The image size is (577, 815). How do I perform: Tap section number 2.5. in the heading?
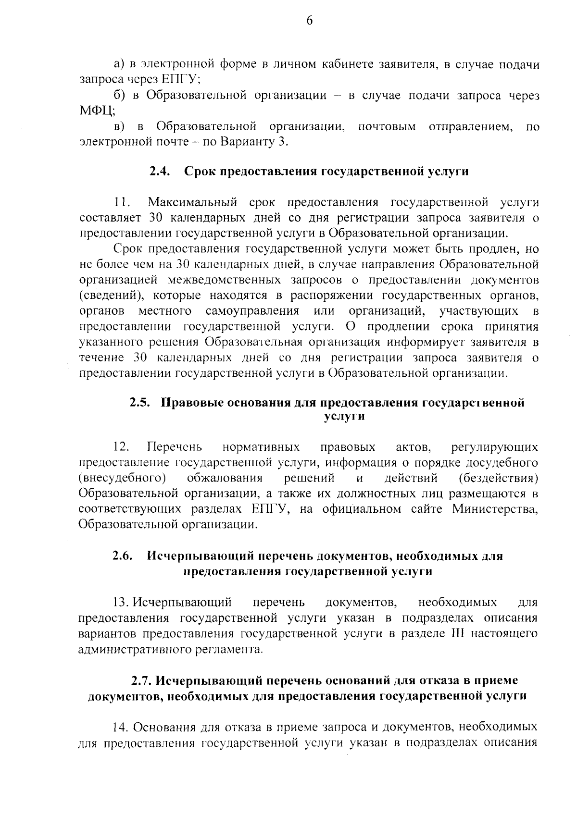[x=141, y=403]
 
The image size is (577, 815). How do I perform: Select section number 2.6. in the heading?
[x=123, y=556]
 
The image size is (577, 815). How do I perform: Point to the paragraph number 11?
[x=123, y=202]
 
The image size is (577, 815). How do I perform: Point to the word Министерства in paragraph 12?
[x=495, y=509]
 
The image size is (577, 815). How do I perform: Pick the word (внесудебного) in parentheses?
[x=123, y=479]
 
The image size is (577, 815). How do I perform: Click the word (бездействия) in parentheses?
[x=499, y=479]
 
